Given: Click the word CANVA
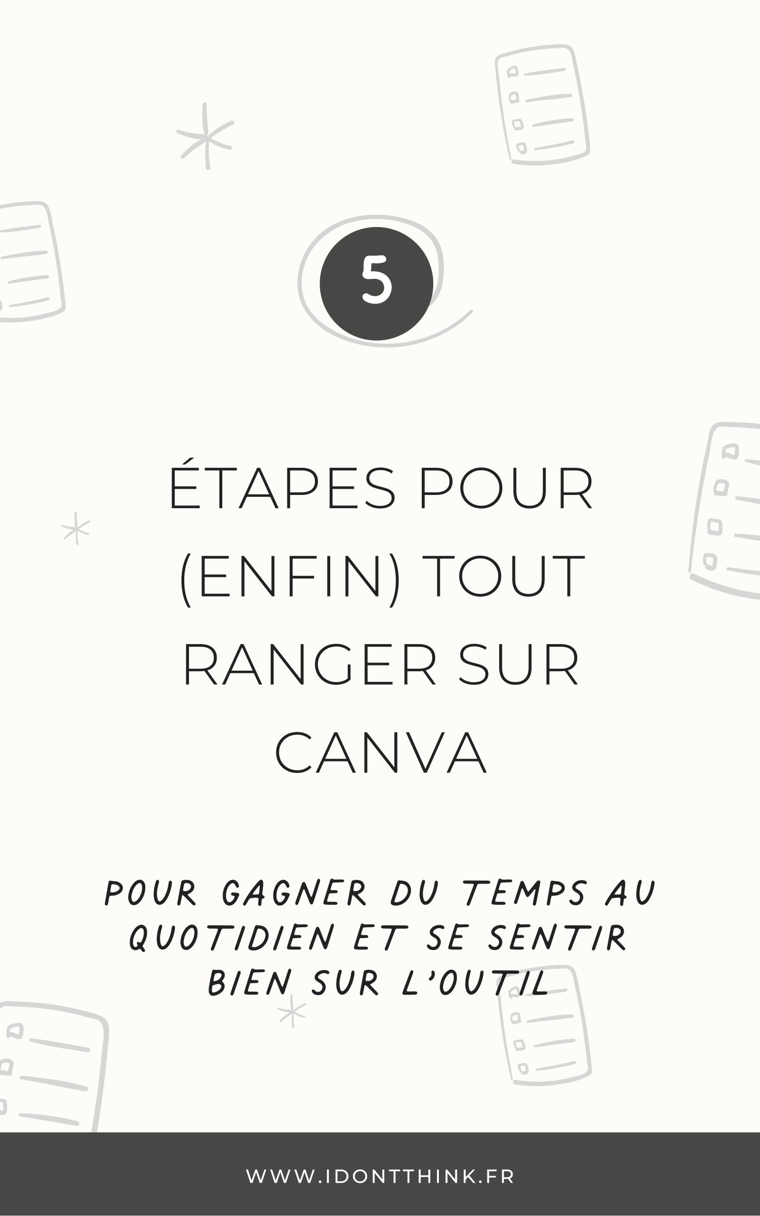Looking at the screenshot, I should (x=380, y=754).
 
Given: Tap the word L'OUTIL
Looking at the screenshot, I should (x=475, y=982).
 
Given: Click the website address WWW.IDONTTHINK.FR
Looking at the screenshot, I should (x=380, y=1176).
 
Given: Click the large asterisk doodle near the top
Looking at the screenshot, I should (x=206, y=137).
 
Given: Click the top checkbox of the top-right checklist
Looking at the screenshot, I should (x=512, y=72).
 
